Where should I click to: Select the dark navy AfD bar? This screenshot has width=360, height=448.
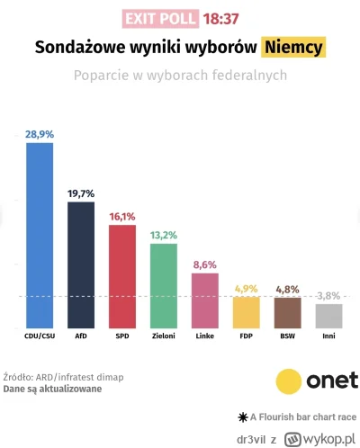[81, 264]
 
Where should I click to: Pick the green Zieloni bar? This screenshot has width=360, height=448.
[163, 285]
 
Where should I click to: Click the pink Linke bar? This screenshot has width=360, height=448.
[204, 300]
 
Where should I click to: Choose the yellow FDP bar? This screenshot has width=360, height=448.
[246, 311]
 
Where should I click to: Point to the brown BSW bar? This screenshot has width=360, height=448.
[287, 312]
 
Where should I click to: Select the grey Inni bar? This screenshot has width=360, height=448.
[328, 316]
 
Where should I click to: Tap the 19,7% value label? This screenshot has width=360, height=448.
[81, 193]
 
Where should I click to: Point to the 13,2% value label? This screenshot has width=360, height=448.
[163, 235]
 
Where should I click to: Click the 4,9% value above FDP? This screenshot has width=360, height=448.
[246, 288]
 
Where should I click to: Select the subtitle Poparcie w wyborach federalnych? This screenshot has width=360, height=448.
[180, 76]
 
